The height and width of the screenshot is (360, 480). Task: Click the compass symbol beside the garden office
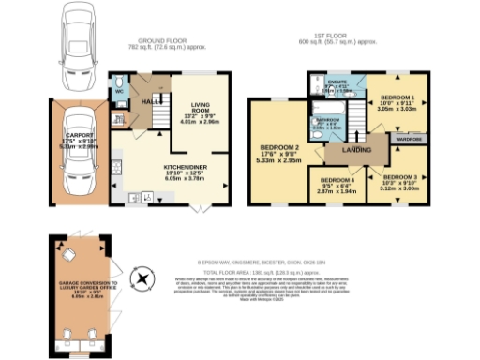(142, 278)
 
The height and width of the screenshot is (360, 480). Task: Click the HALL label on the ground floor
(148, 99)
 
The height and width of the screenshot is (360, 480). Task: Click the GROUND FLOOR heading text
(161, 41)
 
